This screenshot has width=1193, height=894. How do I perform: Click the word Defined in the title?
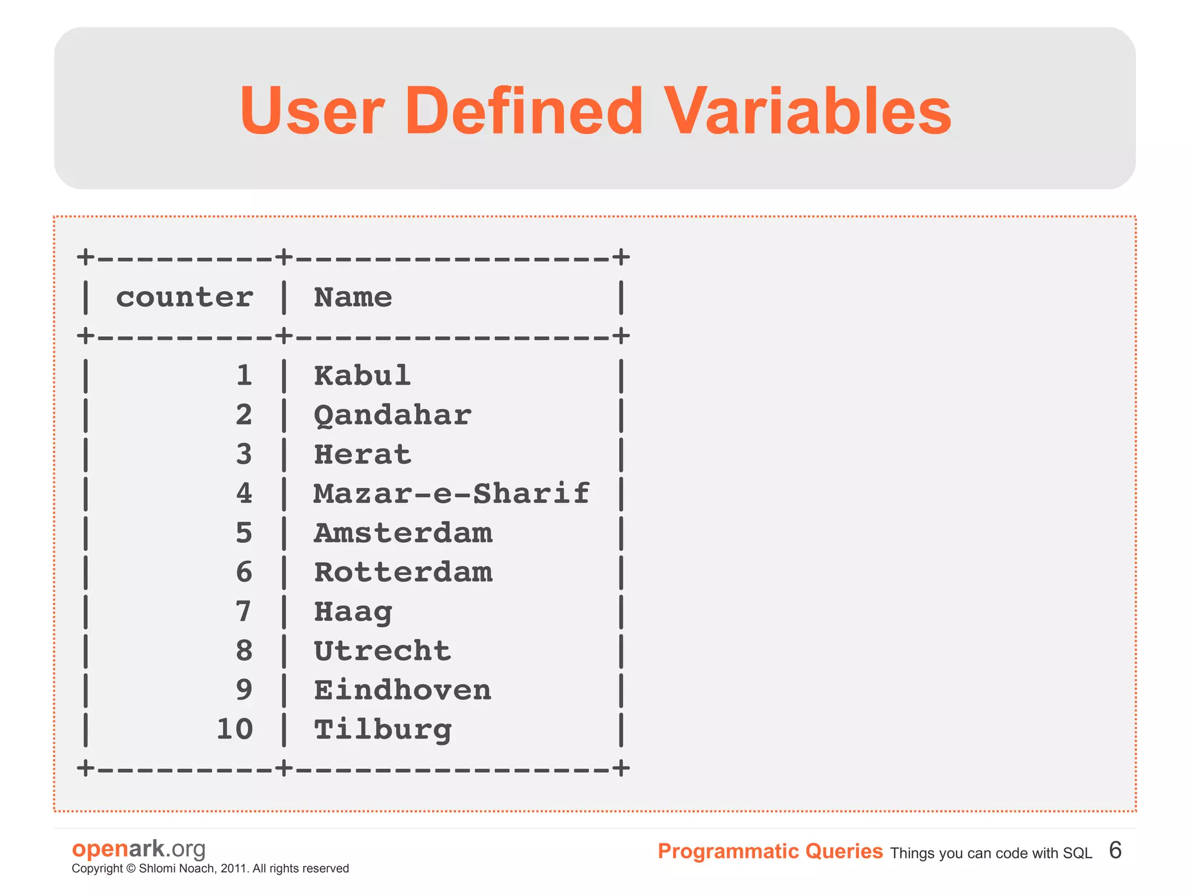(x=524, y=111)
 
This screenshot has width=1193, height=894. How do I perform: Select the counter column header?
(x=184, y=298)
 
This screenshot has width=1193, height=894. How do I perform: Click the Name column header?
(x=353, y=298)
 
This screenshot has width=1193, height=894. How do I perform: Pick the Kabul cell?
(x=362, y=376)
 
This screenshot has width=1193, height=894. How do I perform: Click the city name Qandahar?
(x=392, y=416)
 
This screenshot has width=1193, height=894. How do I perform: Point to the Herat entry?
(x=362, y=455)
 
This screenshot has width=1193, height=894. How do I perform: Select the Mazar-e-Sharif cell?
(x=451, y=494)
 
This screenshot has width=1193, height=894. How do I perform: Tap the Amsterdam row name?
(x=403, y=533)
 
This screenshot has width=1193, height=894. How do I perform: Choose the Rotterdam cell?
(x=403, y=573)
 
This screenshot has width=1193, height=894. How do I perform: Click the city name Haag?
(x=353, y=612)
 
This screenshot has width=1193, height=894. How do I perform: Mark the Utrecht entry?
(x=382, y=651)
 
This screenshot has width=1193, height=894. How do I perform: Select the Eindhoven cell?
(x=403, y=691)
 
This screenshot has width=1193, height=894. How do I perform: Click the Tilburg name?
(x=383, y=730)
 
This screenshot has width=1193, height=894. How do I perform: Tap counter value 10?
(x=235, y=729)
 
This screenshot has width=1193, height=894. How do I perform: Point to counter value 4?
(x=244, y=494)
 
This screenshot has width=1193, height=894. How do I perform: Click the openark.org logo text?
(x=139, y=849)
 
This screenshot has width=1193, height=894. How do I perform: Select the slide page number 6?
(x=1115, y=850)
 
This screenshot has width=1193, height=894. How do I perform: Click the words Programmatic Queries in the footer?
(x=770, y=851)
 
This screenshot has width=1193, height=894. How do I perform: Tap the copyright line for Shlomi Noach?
(x=210, y=868)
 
